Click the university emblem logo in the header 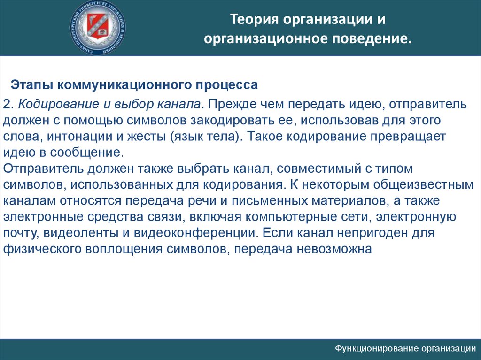coord(99,27)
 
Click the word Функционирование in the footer coord(377,348)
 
